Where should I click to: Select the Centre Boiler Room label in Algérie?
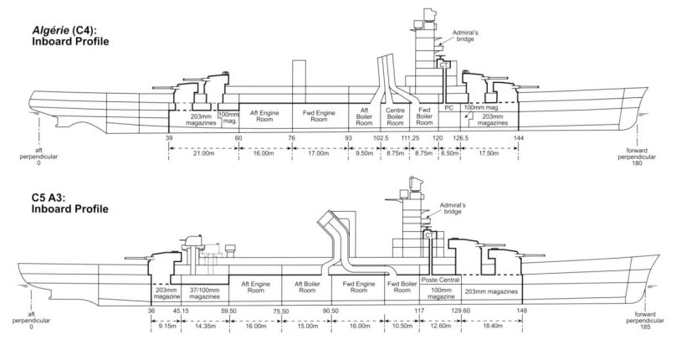click(395, 116)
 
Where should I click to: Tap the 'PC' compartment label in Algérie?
click(448, 109)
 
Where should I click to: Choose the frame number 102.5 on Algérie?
click(380, 137)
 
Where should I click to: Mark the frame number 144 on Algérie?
click(518, 137)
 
